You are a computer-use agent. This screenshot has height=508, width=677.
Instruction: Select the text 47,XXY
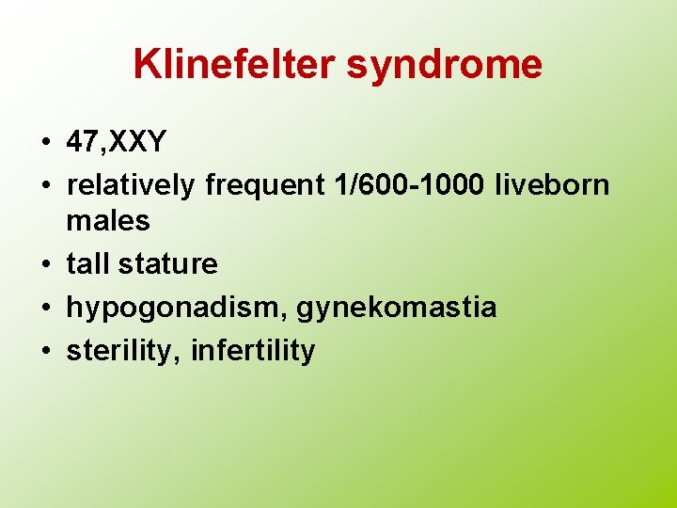pyautogui.click(x=117, y=143)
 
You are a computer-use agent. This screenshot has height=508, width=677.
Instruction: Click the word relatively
pyautogui.click(x=131, y=186)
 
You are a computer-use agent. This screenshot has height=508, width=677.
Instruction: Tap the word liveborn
pyautogui.click(x=554, y=186)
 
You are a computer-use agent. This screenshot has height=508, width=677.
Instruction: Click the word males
pyautogui.click(x=108, y=221)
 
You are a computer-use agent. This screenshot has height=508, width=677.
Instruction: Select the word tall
pyautogui.click(x=87, y=264)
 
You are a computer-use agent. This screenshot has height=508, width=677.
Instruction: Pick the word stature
pyautogui.click(x=168, y=264)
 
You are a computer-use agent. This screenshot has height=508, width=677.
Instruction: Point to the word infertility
pyautogui.click(x=253, y=351)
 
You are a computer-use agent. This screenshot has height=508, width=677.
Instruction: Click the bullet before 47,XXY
pyautogui.click(x=45, y=144)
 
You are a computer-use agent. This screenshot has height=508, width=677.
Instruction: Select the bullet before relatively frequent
pyautogui.click(x=45, y=187)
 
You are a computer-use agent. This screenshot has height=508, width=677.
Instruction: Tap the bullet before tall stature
pyautogui.click(x=45, y=265)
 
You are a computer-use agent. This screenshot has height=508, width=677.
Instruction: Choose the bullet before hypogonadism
pyautogui.click(x=45, y=309)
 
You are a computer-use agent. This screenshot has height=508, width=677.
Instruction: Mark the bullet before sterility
pyautogui.click(x=45, y=352)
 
